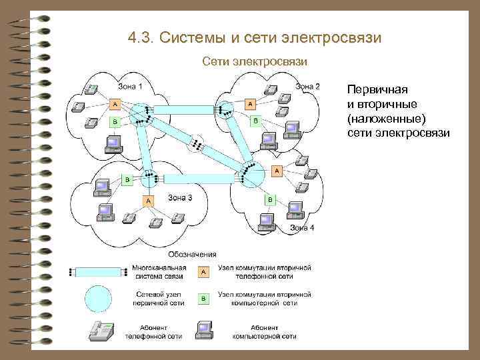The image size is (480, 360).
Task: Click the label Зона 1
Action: tap(131, 85)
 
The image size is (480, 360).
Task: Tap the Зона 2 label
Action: tap(308, 86)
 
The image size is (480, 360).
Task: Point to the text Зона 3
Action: tap(180, 197)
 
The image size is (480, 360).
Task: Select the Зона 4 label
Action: tap(302, 228)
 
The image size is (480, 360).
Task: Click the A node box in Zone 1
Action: tap(115, 105)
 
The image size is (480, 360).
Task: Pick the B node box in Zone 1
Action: tap(115, 122)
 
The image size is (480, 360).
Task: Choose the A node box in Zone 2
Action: tap(250, 104)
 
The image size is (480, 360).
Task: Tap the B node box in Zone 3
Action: tap(127, 180)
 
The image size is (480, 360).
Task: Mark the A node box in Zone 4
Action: tap(276, 171)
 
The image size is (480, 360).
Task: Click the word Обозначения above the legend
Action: tap(192, 254)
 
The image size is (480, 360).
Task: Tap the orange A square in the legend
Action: tap(203, 271)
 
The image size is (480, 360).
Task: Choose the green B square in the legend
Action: tap(203, 299)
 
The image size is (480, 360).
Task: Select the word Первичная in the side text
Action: tap(377, 89)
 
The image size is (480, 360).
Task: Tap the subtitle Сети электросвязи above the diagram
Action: tap(255, 61)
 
